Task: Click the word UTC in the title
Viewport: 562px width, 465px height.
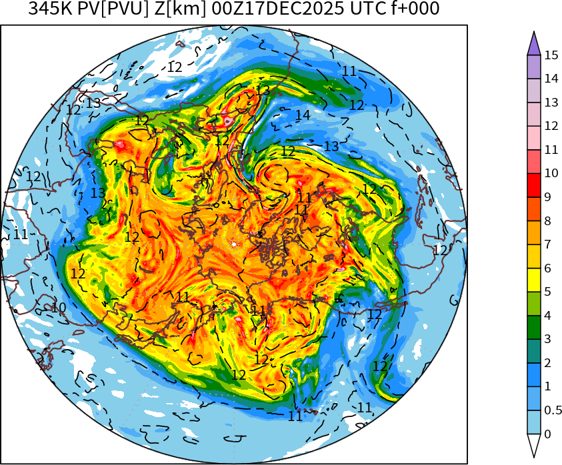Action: tap(365, 9)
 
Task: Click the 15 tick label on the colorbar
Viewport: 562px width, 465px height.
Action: tap(551, 55)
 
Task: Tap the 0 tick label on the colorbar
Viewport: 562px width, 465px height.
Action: tap(547, 434)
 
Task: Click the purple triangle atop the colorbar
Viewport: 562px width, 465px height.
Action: tap(534, 44)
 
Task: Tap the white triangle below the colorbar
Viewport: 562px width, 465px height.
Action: tap(534, 445)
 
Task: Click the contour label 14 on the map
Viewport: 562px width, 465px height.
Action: tap(303, 115)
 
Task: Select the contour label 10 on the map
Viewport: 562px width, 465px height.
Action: tap(59, 308)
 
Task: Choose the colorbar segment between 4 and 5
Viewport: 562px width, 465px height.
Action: tap(534, 304)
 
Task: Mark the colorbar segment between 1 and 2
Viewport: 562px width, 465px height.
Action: tap(534, 375)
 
